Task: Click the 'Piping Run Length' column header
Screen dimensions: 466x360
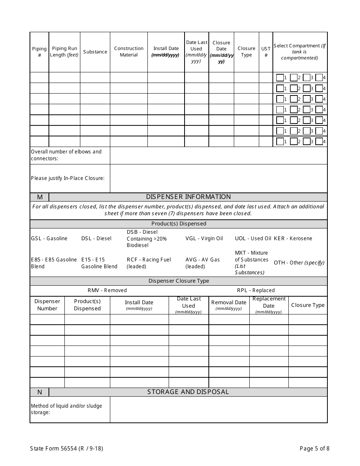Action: tap(64, 52)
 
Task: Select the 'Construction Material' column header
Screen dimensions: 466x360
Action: tap(129, 52)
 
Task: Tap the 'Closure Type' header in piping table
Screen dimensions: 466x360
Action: tap(246, 52)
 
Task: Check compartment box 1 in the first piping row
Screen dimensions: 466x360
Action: tap(280, 78)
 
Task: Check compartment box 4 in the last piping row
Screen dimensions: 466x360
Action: tap(319, 142)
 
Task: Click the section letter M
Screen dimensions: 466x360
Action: tap(40, 197)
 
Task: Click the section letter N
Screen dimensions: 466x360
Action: tap(40, 392)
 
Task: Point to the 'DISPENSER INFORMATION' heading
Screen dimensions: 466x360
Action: tap(188, 197)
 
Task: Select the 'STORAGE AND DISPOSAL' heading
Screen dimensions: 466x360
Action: tap(188, 392)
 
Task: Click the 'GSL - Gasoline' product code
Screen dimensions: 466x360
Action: tap(49, 238)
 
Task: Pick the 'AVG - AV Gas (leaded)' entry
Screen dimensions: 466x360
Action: tap(203, 263)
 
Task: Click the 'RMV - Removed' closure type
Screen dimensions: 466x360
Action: tap(107, 290)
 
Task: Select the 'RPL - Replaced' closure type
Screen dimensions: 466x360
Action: tap(256, 290)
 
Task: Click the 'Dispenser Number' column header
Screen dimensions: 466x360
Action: tap(47, 305)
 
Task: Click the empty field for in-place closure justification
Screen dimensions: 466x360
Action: tap(219, 178)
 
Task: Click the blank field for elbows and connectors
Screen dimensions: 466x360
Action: tap(219, 155)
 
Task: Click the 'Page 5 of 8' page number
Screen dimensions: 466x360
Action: tap(315, 449)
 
